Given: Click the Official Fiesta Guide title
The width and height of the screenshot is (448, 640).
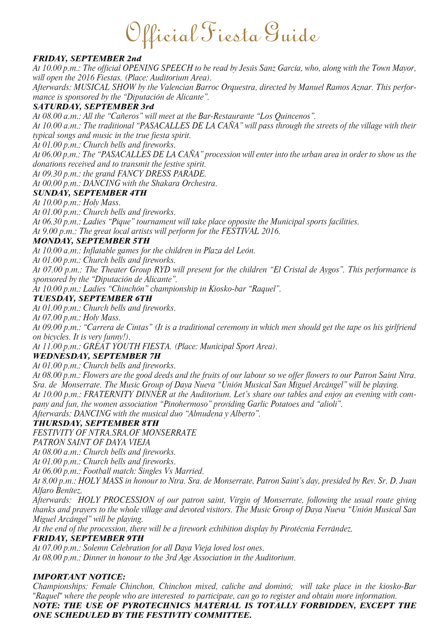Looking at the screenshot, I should pos(223,34).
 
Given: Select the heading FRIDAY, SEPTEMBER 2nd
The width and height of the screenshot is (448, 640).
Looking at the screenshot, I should pos(87,59).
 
